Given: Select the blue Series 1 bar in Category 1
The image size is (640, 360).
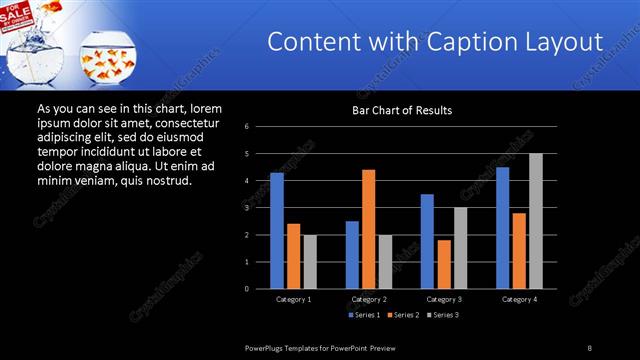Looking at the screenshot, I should click(277, 231).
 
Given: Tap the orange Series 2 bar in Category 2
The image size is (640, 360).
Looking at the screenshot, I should click(368, 229).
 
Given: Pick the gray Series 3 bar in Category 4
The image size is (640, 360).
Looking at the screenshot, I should click(536, 221).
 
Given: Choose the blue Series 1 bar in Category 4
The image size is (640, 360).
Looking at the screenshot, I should click(502, 227).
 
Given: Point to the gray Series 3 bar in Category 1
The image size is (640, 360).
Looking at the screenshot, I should click(310, 262).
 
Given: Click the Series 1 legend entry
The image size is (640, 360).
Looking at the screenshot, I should click(364, 315).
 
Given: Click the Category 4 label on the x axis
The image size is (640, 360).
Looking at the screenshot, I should click(519, 299).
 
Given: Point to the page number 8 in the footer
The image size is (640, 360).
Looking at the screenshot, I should click(590, 347).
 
